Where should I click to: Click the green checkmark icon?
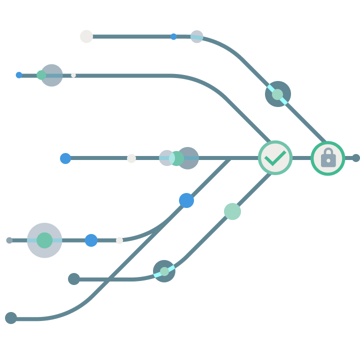[275, 158]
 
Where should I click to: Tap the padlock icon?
[328, 158]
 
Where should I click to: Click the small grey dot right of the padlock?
[355, 158]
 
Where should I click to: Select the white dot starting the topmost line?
[86, 36]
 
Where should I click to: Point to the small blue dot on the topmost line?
[173, 36]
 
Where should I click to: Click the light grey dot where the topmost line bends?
[197, 36]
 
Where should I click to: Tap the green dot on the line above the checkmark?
[277, 94]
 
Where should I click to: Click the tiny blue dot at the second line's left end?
[19, 75]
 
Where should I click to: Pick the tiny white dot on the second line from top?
[73, 75]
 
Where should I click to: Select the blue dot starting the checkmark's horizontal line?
[65, 158]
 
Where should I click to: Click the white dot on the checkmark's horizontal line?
[131, 158]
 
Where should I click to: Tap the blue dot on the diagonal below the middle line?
[186, 200]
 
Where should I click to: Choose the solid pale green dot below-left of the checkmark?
[232, 211]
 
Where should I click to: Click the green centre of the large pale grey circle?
[44, 240]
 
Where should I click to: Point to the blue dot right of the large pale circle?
[91, 240]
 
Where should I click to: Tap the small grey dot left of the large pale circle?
[9, 240]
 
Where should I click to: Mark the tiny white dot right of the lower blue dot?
[119, 240]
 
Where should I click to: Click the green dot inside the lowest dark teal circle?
[164, 271]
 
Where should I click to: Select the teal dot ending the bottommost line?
[11, 318]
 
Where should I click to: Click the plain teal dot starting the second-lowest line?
[74, 279]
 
